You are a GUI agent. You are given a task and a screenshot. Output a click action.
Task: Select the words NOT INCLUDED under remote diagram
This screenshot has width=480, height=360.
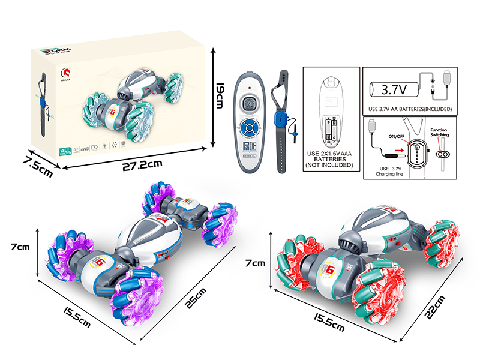[x=330, y=164]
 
